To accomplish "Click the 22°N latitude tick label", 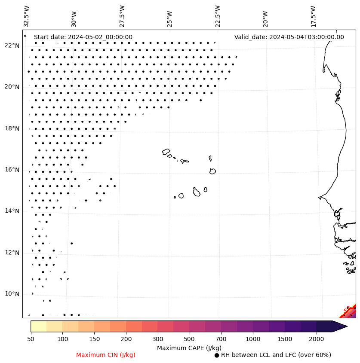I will click(12, 46).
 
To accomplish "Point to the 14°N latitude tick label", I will click(12, 211).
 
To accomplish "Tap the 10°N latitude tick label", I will click(12, 294).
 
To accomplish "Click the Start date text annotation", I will click(83, 37).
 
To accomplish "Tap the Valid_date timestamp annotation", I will click(289, 37).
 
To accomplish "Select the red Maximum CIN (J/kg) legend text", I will click(106, 355).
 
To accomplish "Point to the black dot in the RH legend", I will click(217, 355).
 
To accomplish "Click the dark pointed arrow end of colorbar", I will click(340, 326).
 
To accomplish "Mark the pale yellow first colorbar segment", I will click(38, 326).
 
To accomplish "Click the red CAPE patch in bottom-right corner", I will click(350, 311).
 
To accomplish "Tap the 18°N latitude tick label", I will click(12, 128).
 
